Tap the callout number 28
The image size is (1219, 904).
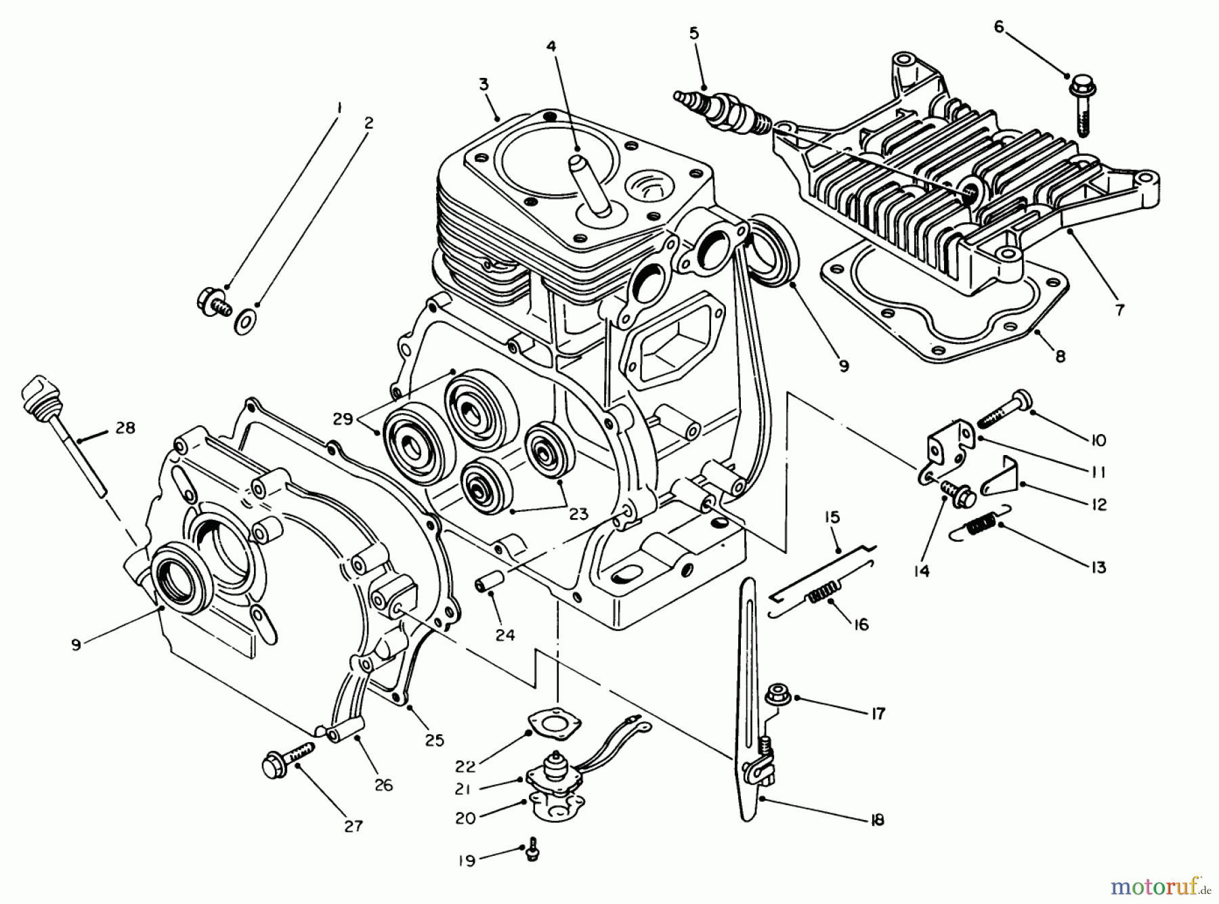(x=125, y=428)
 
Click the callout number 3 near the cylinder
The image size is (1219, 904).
(x=484, y=85)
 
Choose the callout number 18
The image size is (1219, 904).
(x=876, y=820)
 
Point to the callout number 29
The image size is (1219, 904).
(x=343, y=419)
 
